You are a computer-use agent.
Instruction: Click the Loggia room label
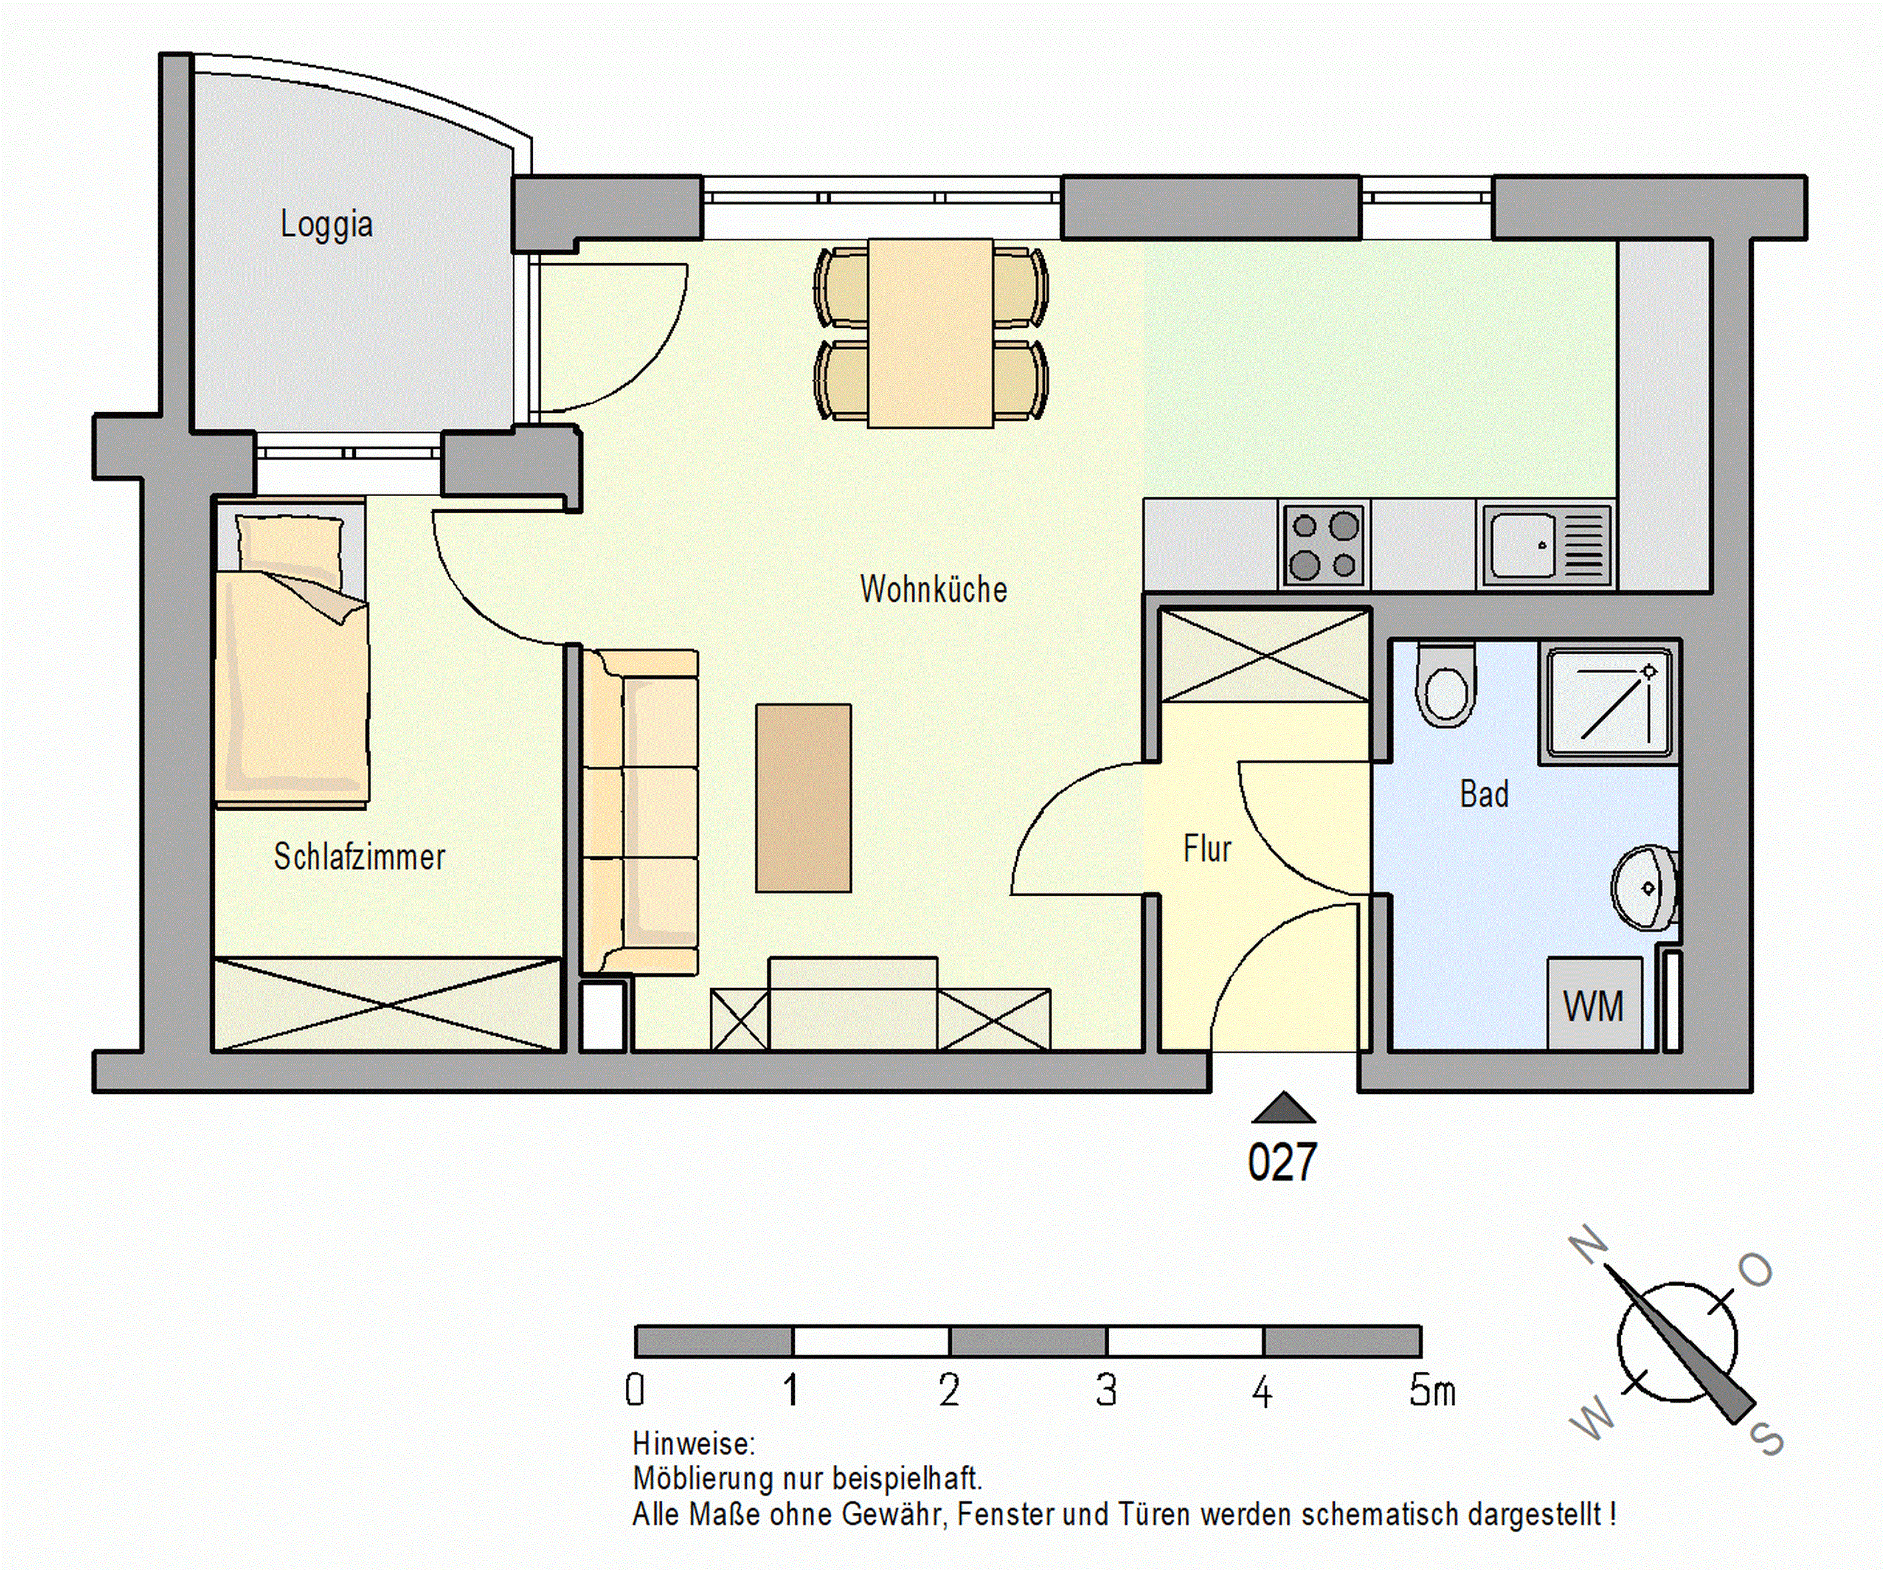327,224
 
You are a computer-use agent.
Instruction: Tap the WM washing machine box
1594,1003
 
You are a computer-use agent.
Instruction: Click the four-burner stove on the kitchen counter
1323,545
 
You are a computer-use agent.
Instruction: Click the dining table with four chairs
930,333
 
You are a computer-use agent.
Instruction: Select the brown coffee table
803,798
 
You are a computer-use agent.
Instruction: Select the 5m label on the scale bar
1432,1391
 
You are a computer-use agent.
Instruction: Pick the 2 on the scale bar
949,1391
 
